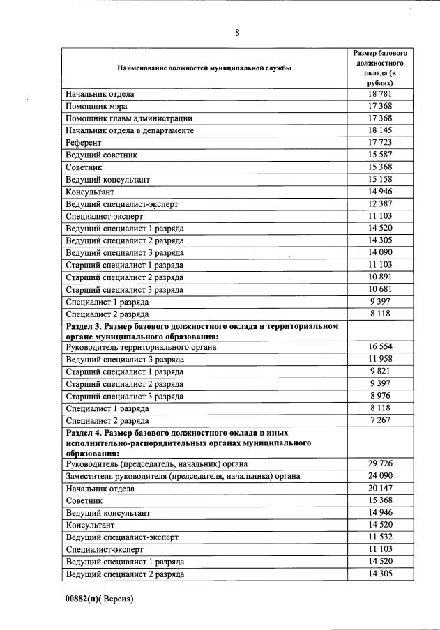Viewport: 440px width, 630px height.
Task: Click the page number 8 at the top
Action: coord(237,33)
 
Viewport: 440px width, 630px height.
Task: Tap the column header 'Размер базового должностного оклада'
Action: coord(379,68)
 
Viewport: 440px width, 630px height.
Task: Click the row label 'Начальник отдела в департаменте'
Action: coord(130,130)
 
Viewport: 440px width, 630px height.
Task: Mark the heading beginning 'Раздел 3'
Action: coord(202,331)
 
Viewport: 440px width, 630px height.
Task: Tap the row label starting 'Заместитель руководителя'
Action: coord(183,476)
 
